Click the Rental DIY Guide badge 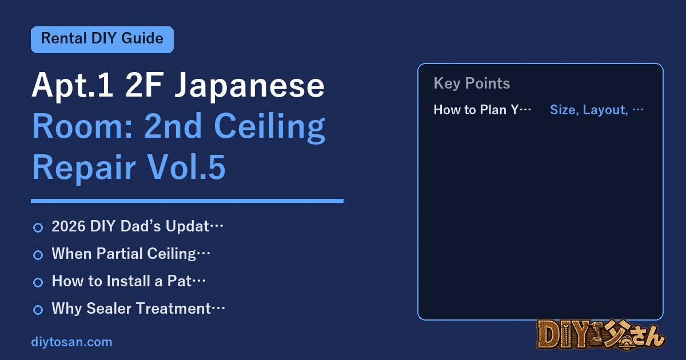click(x=102, y=39)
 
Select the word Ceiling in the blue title click(x=269, y=127)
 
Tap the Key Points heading click(x=472, y=83)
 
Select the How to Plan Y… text click(x=482, y=110)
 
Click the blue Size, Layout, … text click(x=597, y=110)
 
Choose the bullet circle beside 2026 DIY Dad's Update click(x=38, y=228)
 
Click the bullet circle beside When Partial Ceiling click(x=38, y=255)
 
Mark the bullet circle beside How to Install click(x=38, y=282)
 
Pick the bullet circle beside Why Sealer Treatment click(x=38, y=310)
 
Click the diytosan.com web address click(x=71, y=342)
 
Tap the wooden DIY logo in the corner click(x=601, y=335)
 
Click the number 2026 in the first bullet click(x=68, y=226)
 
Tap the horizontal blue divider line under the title click(x=187, y=201)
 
